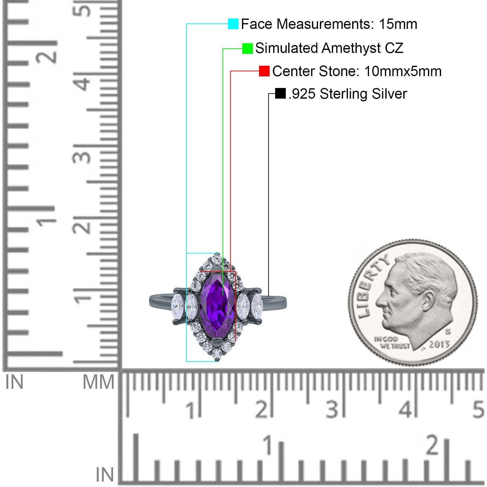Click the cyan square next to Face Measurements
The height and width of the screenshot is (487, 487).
pyautogui.click(x=233, y=24)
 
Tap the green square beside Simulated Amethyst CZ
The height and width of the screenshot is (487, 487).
pyautogui.click(x=247, y=48)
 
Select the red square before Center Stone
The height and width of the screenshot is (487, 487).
pyautogui.click(x=264, y=71)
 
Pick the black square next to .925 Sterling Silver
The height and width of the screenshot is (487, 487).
pyautogui.click(x=280, y=93)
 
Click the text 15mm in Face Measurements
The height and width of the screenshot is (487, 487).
pyautogui.click(x=398, y=24)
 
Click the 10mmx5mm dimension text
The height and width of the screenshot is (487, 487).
pyautogui.click(x=402, y=71)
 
